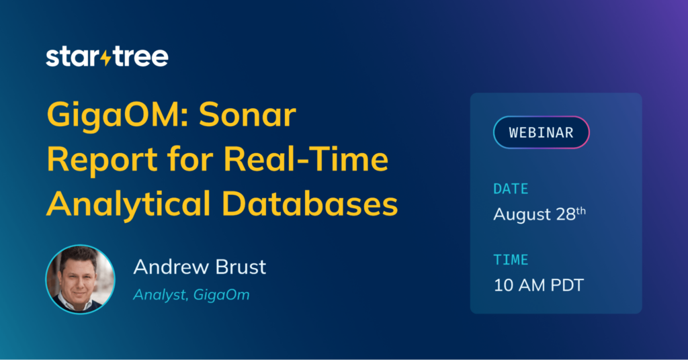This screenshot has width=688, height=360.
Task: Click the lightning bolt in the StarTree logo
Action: pos(106,56)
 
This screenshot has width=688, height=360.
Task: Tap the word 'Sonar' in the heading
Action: pos(247,115)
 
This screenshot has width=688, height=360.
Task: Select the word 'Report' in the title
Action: pos(102,160)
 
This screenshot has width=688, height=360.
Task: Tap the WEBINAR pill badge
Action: pos(542,132)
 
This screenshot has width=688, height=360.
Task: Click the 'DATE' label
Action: pos(511,189)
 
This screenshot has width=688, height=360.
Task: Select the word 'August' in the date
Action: pos(522,215)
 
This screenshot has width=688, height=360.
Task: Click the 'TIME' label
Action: pos(511,260)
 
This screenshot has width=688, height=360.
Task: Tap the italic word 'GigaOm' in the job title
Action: pos(222,295)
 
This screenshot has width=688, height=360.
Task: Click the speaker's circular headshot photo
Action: pos(81,279)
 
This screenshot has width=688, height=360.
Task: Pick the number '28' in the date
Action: pos(566,214)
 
